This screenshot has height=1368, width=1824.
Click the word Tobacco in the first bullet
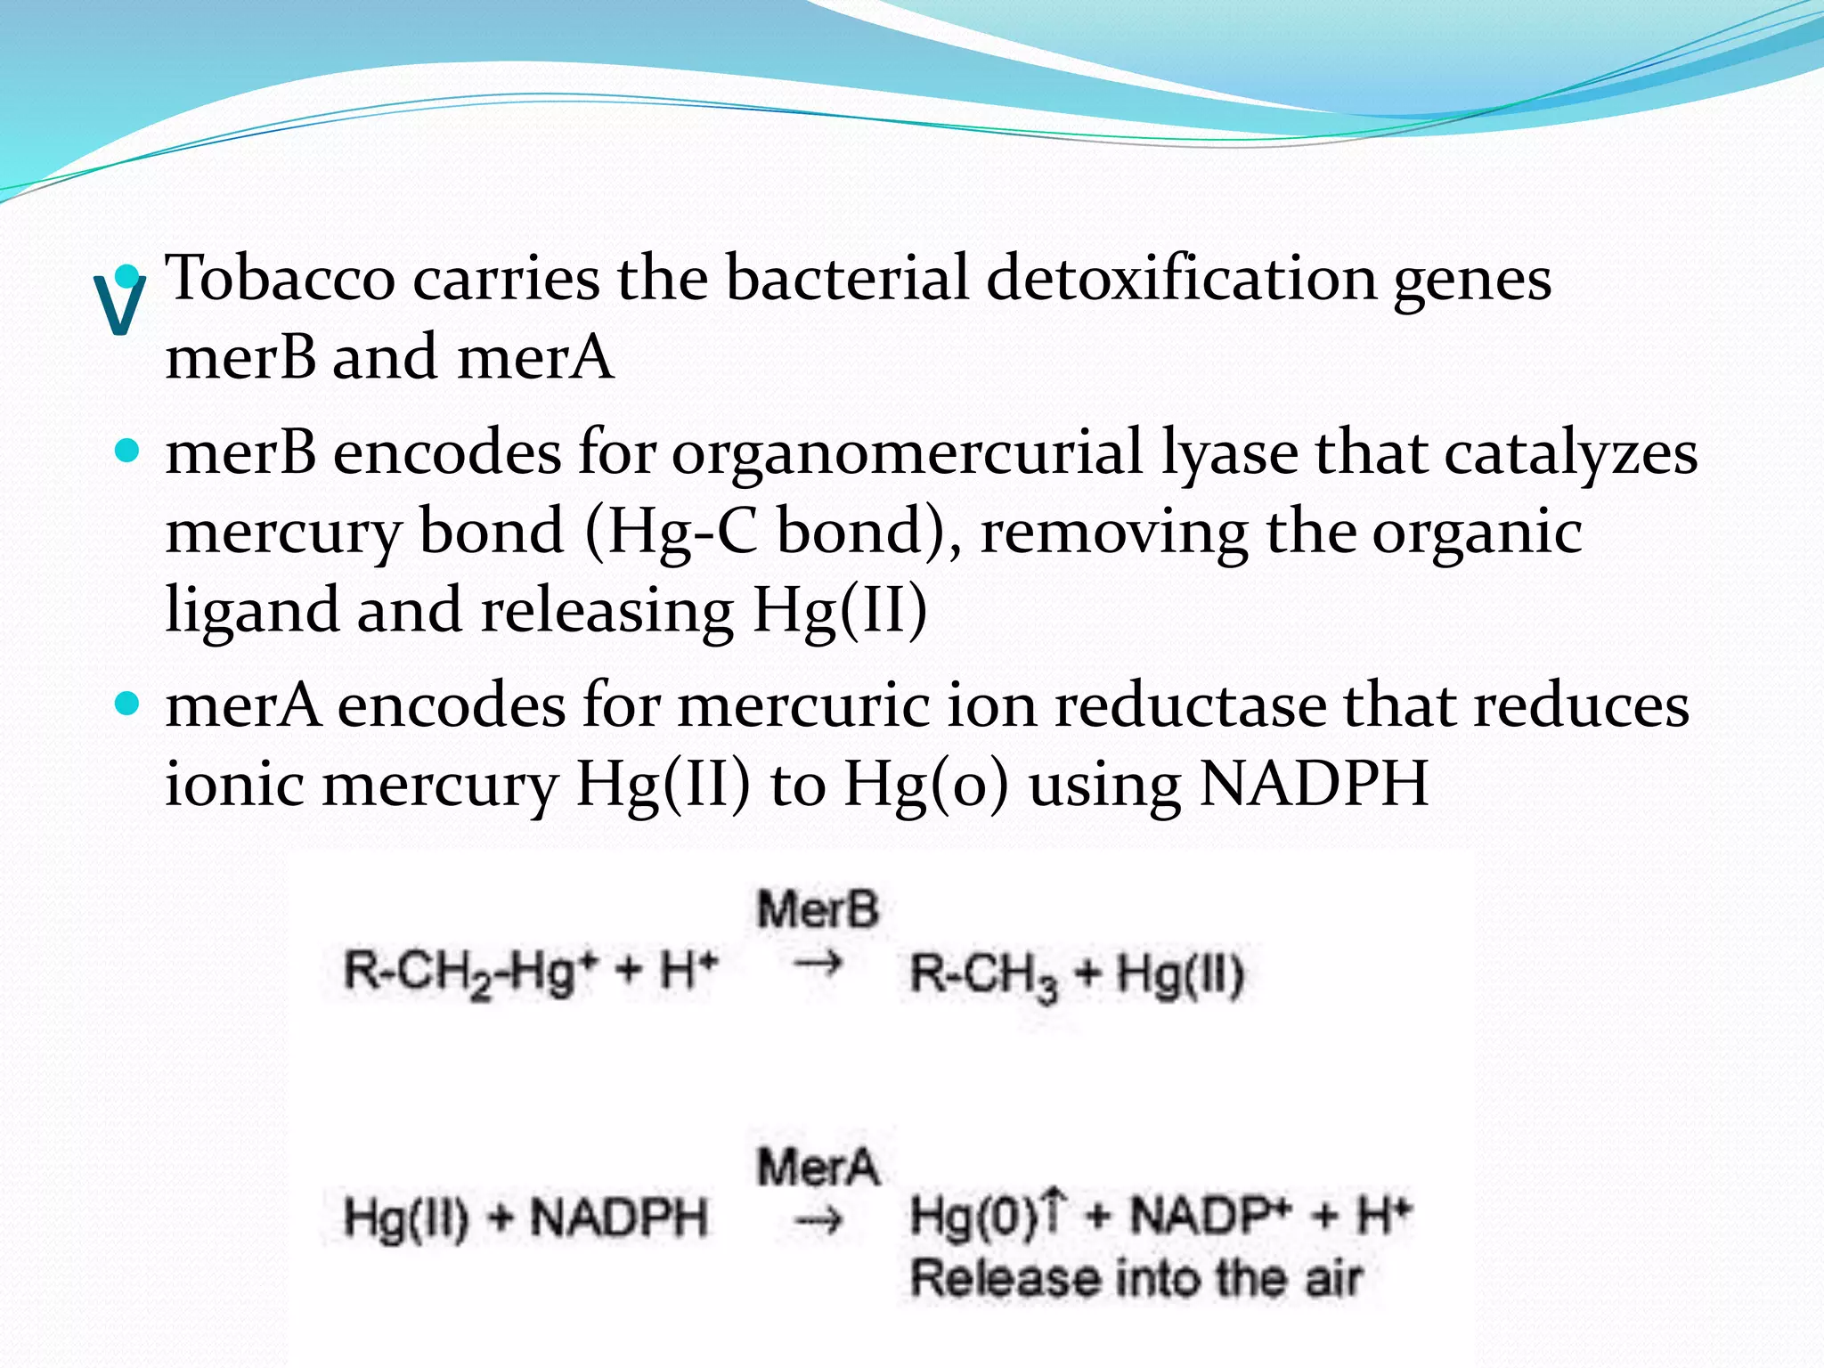coord(281,278)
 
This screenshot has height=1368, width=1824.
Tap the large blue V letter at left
coord(119,305)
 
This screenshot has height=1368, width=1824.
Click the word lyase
coord(1230,452)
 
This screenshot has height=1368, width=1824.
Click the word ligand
coord(252,610)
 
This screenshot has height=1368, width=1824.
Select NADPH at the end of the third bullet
coord(1314,784)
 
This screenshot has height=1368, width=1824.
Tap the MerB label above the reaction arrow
coord(817,910)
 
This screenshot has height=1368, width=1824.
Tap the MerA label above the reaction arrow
coord(818,1167)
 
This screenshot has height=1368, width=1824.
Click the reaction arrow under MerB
coord(818,964)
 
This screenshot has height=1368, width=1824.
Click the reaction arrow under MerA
coord(818,1221)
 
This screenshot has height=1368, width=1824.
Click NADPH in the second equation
coord(619,1217)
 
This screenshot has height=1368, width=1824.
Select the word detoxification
coord(1181,278)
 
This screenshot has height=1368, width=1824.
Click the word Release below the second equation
coord(1004,1278)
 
